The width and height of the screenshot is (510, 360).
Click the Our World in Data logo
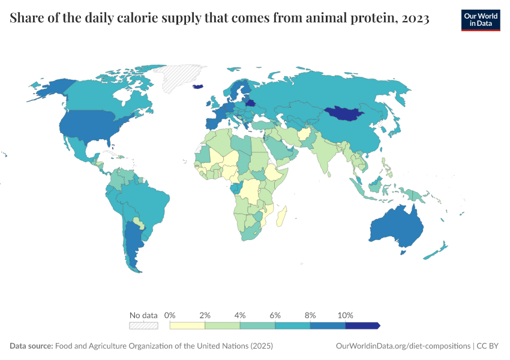481,20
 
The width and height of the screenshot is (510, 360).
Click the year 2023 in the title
416,19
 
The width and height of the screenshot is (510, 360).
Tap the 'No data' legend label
143,315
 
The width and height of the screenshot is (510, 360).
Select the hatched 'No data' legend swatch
143,326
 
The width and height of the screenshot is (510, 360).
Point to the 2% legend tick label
205,315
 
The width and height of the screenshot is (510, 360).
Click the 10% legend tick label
346,315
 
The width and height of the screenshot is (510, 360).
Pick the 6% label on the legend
275,315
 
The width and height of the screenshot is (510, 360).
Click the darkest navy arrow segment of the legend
362,326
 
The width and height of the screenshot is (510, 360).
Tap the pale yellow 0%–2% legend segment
187,326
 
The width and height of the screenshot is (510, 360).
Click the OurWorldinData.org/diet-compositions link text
403,346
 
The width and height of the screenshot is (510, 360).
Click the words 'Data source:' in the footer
31,346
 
